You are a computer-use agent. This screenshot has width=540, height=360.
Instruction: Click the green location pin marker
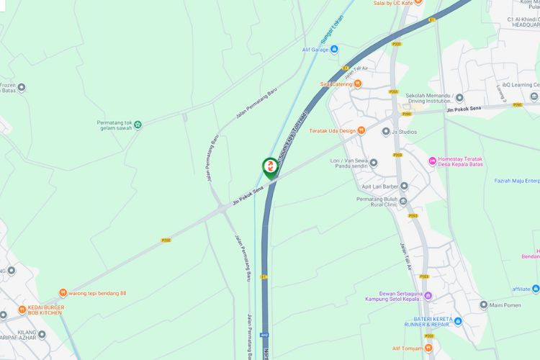coord(270,168)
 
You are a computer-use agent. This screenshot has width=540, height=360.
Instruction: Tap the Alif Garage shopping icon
coord(334,50)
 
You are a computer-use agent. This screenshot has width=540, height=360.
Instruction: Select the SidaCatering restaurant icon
coord(357,84)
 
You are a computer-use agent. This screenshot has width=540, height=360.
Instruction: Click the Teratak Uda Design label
coord(332,130)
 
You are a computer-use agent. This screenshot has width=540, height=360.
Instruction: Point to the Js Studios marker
coord(386,132)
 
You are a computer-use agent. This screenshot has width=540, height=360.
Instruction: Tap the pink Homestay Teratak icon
coord(432,161)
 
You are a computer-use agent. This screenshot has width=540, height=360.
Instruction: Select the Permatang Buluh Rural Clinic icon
coord(403,200)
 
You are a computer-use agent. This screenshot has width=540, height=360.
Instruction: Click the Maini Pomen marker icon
coord(484,305)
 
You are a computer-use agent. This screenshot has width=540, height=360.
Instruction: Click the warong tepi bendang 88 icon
coord(63,293)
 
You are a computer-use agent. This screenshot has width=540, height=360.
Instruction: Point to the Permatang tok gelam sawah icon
coord(138,125)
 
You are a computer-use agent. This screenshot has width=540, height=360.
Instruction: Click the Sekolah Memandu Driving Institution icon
coord(459,98)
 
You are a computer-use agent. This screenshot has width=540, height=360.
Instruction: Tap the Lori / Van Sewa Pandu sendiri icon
coord(373,163)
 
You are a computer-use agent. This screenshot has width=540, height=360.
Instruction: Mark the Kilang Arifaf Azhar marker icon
coord(42,334)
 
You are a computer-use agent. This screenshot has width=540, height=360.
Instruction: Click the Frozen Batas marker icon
coord(21,88)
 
